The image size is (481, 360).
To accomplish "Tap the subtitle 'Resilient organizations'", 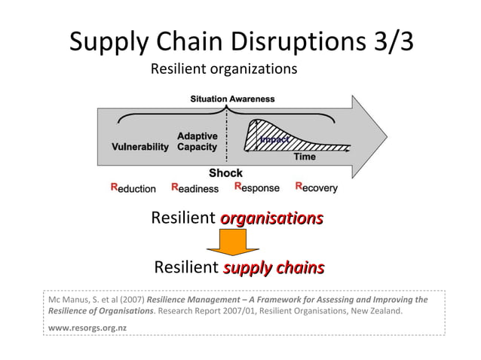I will click(x=224, y=69).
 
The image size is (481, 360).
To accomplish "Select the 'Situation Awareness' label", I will click(x=232, y=99).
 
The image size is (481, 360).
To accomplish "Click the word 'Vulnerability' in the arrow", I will click(x=140, y=147).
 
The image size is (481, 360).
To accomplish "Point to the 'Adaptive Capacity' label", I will click(x=198, y=142).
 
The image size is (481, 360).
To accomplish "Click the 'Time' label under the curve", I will click(x=305, y=157).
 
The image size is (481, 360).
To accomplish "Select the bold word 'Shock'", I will click(x=225, y=173).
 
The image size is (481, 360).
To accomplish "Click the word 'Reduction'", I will click(x=133, y=188).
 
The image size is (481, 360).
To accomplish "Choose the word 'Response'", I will click(x=257, y=188).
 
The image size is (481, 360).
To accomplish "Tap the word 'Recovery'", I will click(x=316, y=188).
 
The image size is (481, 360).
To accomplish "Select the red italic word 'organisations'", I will click(x=272, y=218).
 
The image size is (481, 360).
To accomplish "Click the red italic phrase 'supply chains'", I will click(x=274, y=267).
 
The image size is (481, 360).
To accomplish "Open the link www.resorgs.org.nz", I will click(x=87, y=328).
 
